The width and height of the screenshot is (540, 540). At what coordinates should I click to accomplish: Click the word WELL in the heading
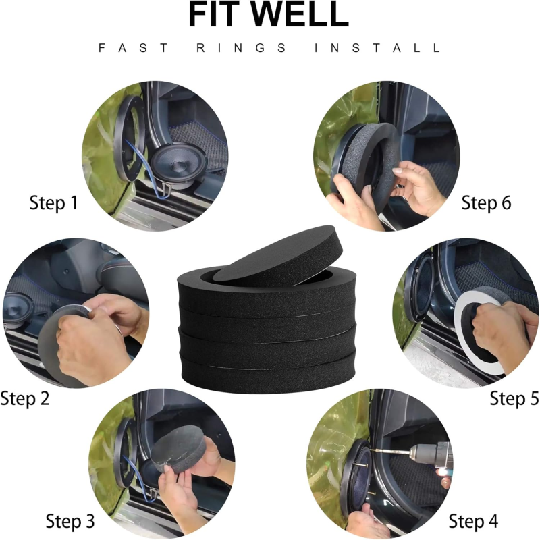(299, 14)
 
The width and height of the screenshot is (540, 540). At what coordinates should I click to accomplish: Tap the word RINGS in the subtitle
(241, 47)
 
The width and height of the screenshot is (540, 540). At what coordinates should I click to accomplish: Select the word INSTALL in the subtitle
(377, 47)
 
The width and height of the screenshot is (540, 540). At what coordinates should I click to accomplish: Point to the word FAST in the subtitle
(133, 47)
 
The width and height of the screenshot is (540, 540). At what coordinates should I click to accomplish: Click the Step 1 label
(53, 202)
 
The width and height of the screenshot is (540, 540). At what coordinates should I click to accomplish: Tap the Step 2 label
(25, 398)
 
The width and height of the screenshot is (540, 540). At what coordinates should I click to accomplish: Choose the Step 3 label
(70, 521)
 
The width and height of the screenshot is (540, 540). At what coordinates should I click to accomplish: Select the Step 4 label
(473, 521)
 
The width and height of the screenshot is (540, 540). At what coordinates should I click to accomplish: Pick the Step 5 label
(514, 398)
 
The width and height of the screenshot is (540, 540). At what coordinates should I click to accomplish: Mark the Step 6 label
(486, 202)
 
